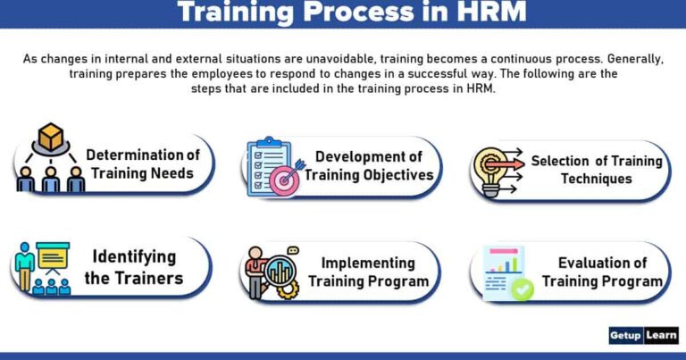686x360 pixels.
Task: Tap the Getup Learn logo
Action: tap(643, 335)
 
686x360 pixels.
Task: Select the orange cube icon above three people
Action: tap(51, 137)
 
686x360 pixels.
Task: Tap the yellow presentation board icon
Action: tap(53, 258)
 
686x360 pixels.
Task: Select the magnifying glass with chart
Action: tap(280, 270)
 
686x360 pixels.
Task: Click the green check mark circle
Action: tap(522, 289)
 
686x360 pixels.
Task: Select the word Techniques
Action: tap(596, 179)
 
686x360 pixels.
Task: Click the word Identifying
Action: tap(134, 257)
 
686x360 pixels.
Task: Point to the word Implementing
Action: tap(368, 263)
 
